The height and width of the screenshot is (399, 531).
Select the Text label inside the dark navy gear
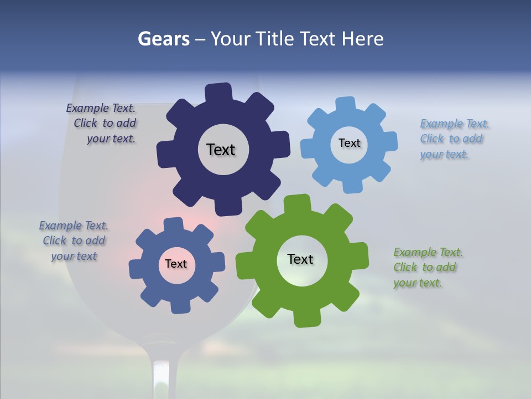tap(221, 150)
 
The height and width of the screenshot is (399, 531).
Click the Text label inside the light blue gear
tap(349, 143)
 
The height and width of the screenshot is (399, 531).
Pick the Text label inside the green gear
tap(300, 259)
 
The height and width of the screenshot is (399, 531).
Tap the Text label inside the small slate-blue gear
tap(176, 264)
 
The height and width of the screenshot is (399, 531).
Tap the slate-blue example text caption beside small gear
tap(74, 241)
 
